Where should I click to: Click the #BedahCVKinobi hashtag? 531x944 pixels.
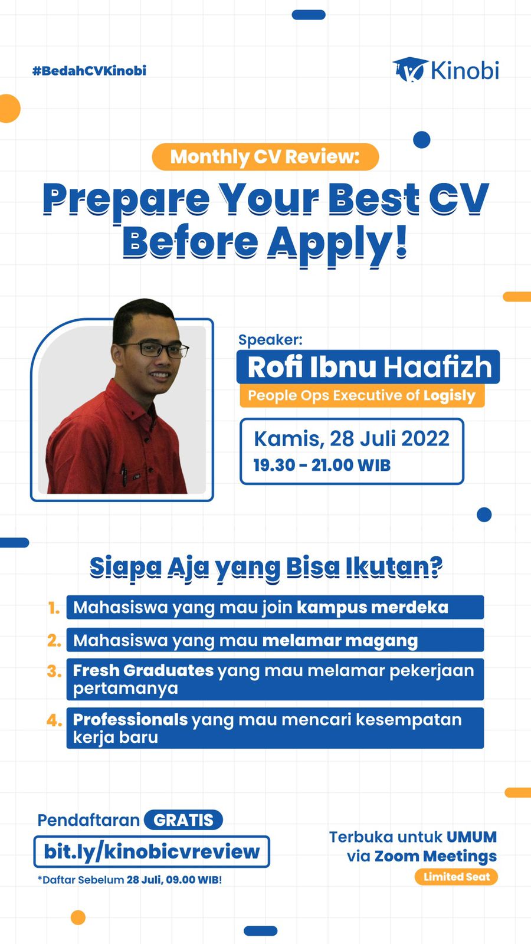(x=89, y=71)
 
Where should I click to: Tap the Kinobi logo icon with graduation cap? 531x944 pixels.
(x=409, y=70)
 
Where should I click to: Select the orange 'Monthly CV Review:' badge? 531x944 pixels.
(x=265, y=157)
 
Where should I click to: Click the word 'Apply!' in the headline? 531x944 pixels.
(x=337, y=244)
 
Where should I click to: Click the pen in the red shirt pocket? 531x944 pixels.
(x=124, y=475)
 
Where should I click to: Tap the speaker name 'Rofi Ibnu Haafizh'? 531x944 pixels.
(x=369, y=367)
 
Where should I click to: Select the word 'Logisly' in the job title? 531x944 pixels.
(x=449, y=396)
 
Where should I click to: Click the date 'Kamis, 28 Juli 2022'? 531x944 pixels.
(x=352, y=439)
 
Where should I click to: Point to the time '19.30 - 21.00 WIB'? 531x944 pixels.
(x=322, y=466)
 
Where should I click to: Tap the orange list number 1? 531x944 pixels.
(x=54, y=608)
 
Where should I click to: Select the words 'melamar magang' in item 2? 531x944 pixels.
(x=340, y=641)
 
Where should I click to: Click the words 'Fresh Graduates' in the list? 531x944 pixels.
(x=143, y=670)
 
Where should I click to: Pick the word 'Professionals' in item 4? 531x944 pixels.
(x=130, y=720)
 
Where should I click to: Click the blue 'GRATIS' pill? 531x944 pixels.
(x=183, y=820)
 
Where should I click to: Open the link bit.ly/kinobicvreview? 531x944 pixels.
(x=152, y=852)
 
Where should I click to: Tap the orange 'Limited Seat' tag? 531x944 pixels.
(x=457, y=877)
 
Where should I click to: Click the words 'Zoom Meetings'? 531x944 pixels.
(x=436, y=856)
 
